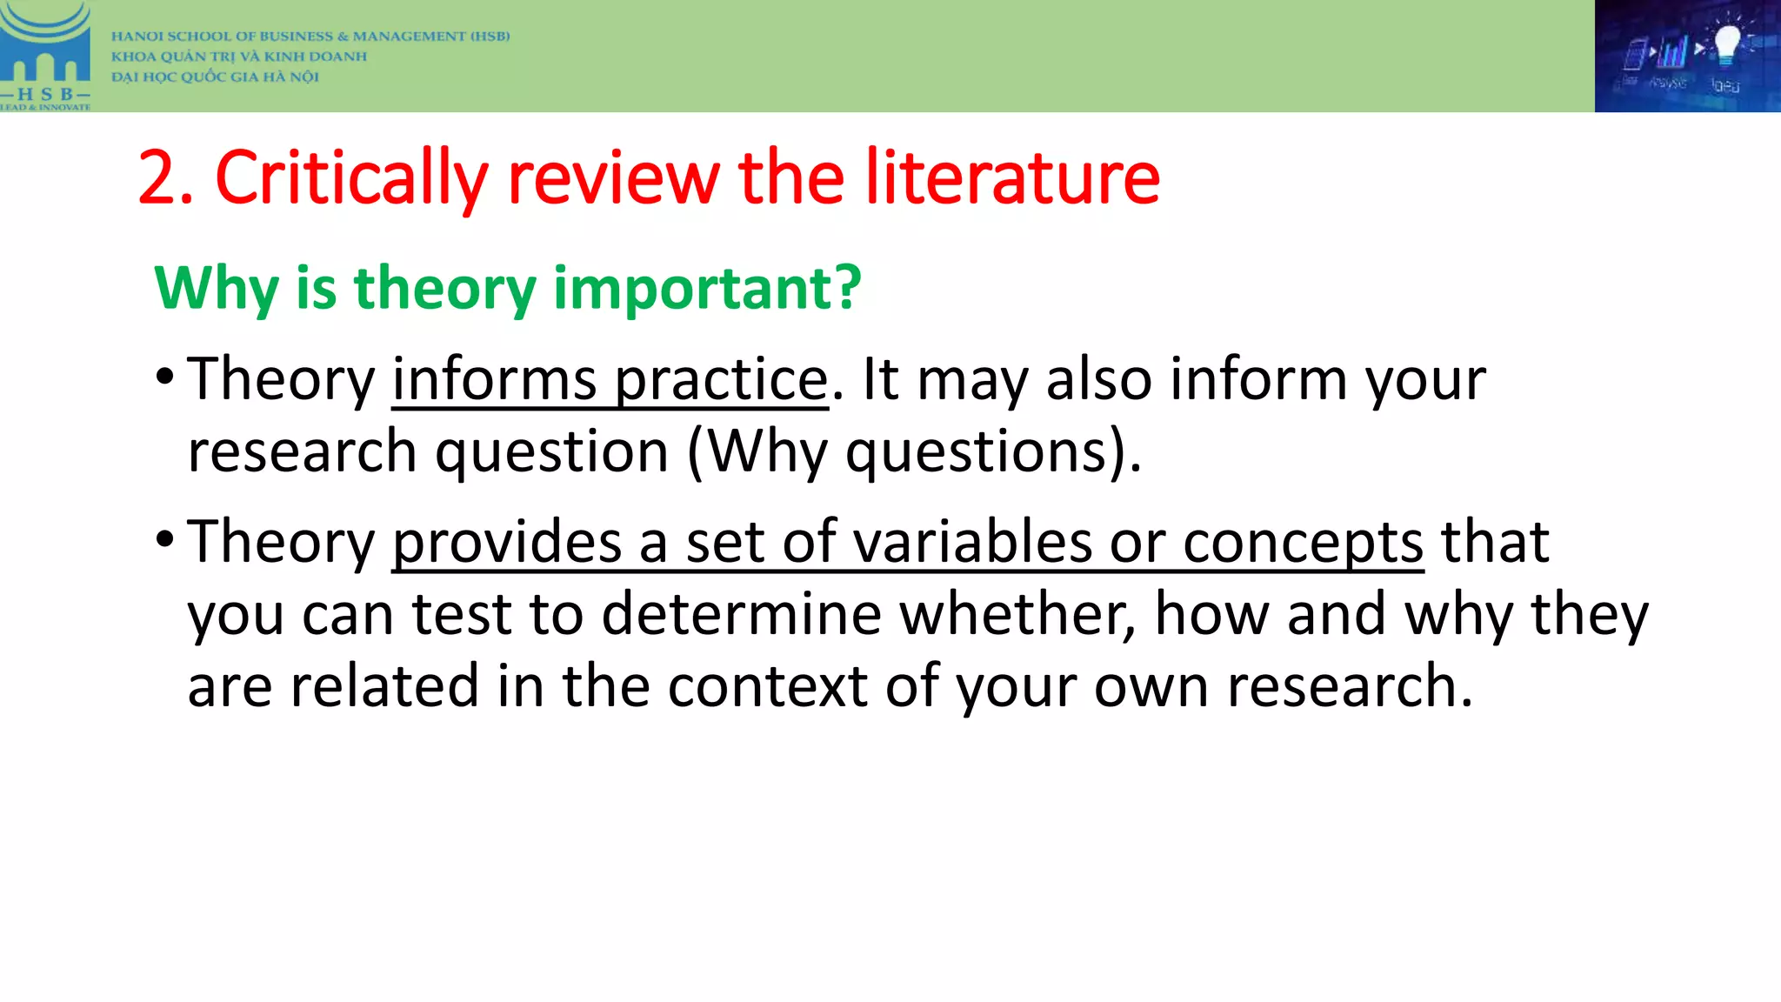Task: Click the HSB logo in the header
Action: point(45,56)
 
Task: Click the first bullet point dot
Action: point(165,377)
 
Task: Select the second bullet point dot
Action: point(165,540)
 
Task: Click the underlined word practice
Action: point(721,381)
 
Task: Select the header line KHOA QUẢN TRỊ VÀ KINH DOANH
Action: point(239,57)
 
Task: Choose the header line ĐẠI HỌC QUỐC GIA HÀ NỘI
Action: point(215,77)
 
